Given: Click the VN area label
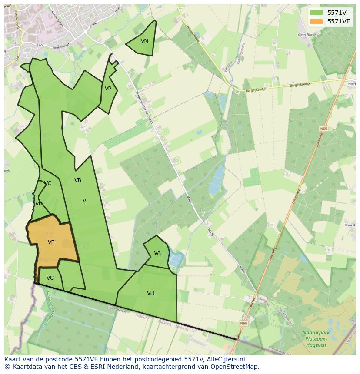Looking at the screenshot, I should (144, 41).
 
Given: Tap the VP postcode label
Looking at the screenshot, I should (108, 89).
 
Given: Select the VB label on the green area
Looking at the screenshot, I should (78, 180).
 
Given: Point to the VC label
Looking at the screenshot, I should (48, 183).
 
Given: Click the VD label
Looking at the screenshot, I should (39, 204).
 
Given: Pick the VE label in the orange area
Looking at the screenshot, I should (51, 242).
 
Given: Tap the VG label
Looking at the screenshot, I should (50, 278).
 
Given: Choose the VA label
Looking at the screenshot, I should (157, 253).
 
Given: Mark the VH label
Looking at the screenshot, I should (150, 293).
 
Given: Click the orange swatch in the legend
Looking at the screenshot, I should (317, 21).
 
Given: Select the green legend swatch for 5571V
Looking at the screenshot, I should (317, 13).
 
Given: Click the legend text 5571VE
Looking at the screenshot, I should (339, 21).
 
